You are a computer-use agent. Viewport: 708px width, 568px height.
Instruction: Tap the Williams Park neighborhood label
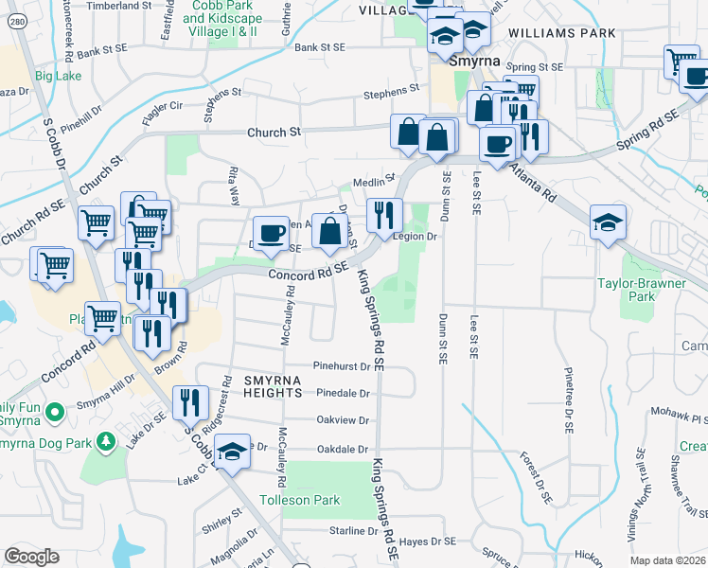click(561, 33)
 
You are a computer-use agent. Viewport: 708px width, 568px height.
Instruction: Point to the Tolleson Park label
click(300, 499)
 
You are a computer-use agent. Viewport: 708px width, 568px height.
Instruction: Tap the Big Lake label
click(59, 75)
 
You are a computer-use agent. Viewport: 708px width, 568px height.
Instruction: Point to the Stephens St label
click(392, 91)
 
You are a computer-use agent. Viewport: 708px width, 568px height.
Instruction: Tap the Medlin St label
click(373, 181)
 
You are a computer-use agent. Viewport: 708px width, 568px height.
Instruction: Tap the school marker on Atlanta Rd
click(608, 222)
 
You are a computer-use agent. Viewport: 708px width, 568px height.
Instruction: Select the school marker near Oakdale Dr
click(231, 453)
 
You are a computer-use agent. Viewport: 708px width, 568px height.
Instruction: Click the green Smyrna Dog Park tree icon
click(107, 440)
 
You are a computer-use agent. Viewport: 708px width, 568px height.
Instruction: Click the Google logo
click(32, 556)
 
